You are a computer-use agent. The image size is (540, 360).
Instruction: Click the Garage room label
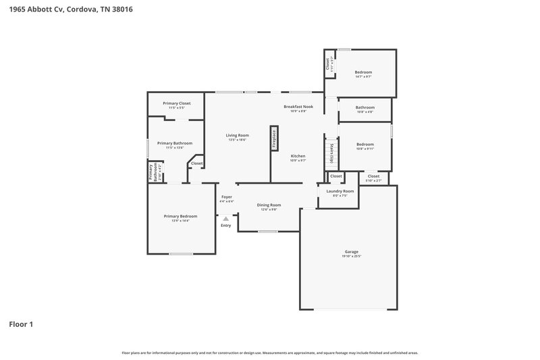point(352,251)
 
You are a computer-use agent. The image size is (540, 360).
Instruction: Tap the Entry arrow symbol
point(225,219)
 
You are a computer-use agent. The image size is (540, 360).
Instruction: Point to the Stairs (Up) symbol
point(331,154)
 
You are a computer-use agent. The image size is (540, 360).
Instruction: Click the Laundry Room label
point(340,191)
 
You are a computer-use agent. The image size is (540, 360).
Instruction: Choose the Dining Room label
point(269,205)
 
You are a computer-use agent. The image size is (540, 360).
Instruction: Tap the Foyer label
point(226,197)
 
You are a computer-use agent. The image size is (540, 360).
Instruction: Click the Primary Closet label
point(176,103)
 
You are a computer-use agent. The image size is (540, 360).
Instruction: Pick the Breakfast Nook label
point(298,106)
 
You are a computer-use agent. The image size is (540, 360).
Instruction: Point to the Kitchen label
point(298,156)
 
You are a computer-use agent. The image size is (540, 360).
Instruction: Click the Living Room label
point(237,135)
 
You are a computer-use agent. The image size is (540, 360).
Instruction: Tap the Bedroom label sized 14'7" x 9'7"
point(363,72)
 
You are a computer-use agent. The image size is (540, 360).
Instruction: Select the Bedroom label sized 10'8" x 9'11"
point(364,144)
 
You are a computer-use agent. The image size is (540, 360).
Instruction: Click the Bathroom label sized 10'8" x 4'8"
point(364,107)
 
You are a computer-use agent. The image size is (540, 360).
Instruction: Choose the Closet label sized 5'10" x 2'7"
point(373,176)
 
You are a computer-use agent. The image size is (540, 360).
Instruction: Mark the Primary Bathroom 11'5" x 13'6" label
point(175,143)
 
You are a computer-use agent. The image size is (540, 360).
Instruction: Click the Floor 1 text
point(21,324)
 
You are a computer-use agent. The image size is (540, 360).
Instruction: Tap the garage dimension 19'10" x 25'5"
point(352,257)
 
